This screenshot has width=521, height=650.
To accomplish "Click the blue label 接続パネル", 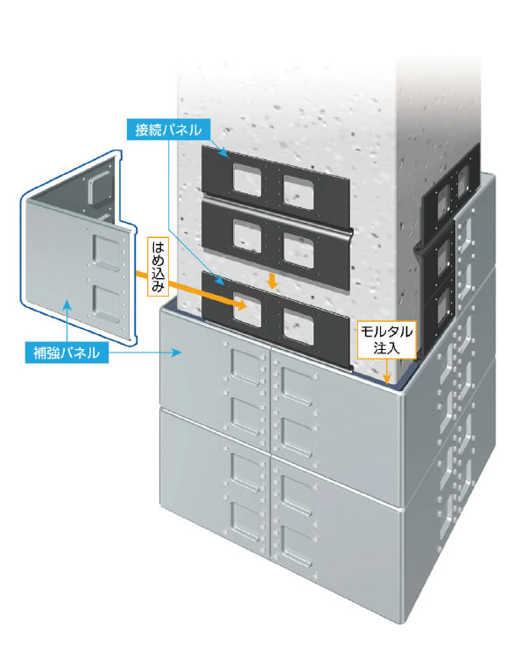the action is coord(168,129).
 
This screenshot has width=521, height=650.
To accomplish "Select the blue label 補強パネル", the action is coord(67,353).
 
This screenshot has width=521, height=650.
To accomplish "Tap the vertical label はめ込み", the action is coord(158,267).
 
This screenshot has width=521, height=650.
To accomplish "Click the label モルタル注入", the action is coord(387,339).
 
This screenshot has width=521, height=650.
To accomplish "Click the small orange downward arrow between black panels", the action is coord(272,281).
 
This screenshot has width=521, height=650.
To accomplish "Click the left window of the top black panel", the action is coord(247,179).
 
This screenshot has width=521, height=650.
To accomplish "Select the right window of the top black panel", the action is coord(299,192).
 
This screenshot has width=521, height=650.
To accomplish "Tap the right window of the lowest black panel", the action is coord(299,326).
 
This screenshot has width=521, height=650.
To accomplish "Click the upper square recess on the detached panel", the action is coord(107,253).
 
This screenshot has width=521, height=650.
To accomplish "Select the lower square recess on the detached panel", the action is coord(107,304).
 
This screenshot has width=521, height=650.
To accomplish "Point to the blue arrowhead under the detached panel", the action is coord(67,306).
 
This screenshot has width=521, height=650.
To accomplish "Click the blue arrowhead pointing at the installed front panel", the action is coord(177,353).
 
